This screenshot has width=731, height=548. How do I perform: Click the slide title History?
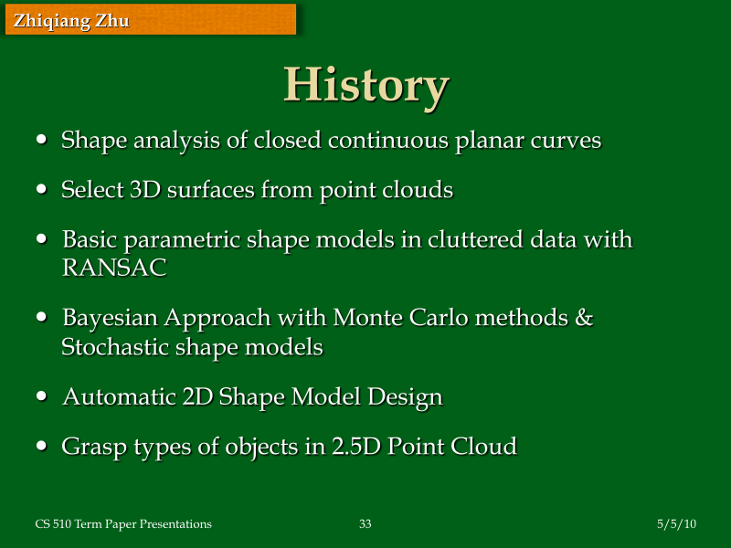tap(365, 85)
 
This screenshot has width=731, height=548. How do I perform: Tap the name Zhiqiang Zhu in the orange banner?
tap(71, 20)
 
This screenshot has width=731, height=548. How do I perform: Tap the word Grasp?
tap(88, 447)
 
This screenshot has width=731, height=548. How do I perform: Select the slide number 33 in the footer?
tap(365, 523)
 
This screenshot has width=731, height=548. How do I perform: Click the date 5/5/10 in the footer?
tap(677, 523)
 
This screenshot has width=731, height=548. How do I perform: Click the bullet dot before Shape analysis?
tap(43, 141)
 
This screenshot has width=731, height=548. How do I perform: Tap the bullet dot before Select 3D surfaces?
tap(43, 190)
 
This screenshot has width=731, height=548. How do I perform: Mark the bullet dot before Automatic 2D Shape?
tap(43, 397)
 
